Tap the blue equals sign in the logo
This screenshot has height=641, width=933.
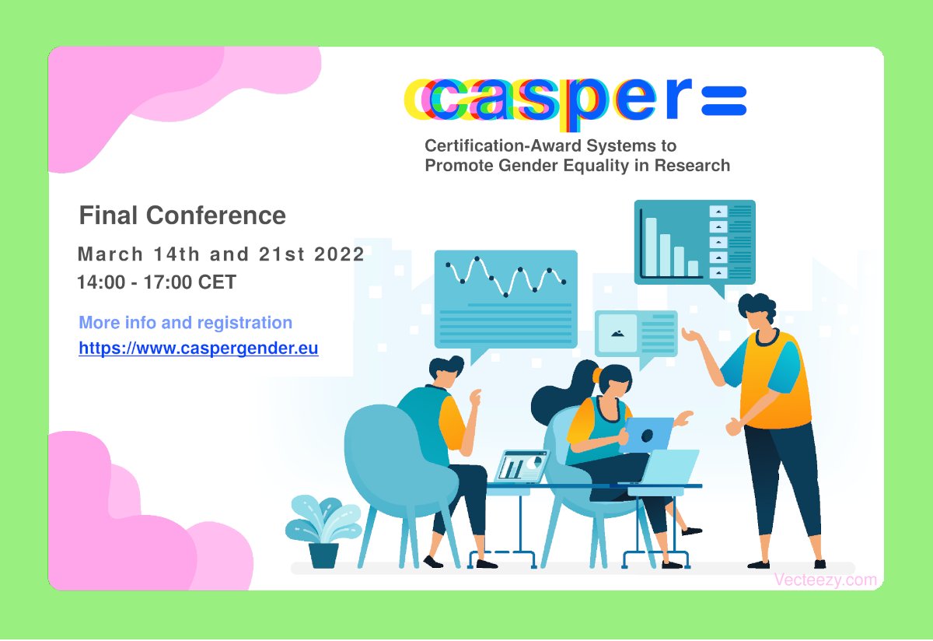724,100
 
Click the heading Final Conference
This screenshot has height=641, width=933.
183,215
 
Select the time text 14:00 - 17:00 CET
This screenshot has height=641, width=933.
156,282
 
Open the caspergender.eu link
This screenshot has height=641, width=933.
198,349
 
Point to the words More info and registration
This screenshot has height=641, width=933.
186,323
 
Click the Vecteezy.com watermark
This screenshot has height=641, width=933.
825,580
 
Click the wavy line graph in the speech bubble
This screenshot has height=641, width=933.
505,278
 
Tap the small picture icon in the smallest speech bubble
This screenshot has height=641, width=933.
618,333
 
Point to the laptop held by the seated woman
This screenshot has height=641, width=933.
647,434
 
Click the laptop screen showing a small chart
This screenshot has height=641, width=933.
522,466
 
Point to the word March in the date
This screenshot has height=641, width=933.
110,254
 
